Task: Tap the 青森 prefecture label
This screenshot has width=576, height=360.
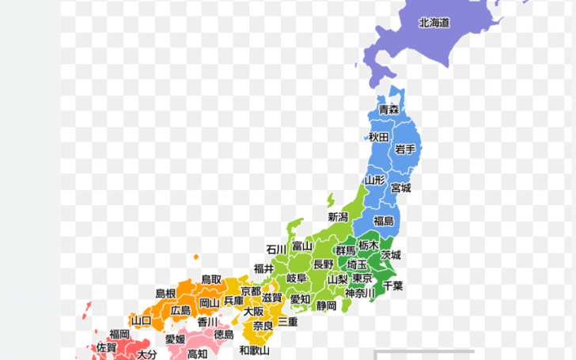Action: click(x=388, y=109)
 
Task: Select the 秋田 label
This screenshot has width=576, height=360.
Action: click(x=378, y=137)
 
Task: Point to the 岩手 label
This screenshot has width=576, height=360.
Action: click(x=405, y=149)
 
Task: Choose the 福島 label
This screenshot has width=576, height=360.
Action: click(x=384, y=220)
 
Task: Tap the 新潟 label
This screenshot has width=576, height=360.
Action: click(x=338, y=216)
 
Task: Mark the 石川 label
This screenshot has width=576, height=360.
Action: click(x=276, y=249)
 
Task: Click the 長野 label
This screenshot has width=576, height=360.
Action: click(x=324, y=263)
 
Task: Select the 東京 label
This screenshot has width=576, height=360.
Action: click(x=362, y=279)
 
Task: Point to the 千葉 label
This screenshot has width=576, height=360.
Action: click(x=393, y=286)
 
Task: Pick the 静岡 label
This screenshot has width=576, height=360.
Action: click(x=327, y=305)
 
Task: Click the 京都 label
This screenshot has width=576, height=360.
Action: click(x=251, y=291)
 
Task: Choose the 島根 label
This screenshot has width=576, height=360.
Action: click(x=165, y=294)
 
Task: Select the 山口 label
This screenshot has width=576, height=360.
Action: click(x=141, y=320)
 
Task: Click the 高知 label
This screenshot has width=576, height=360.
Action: click(x=197, y=354)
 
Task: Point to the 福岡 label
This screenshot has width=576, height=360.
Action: click(x=119, y=334)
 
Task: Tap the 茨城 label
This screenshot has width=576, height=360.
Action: click(x=391, y=255)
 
